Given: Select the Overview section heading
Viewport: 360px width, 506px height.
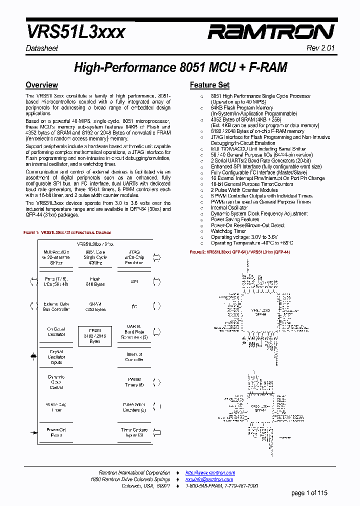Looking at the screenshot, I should (41, 85).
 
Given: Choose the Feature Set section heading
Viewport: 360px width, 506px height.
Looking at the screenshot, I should (209, 85).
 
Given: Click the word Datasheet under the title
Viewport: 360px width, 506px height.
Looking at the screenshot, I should (42, 48).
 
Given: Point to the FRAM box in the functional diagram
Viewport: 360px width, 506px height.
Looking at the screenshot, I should (95, 335).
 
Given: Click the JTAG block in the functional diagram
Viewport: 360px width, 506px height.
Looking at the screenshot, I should (134, 257).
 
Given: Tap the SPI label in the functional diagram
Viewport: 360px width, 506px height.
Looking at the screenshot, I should (134, 281).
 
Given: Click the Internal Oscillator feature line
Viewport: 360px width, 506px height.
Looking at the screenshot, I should (229, 207).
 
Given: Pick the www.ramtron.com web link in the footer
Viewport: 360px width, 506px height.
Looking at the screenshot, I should (210, 472).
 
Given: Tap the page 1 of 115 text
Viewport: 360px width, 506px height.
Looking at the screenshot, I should (310, 493).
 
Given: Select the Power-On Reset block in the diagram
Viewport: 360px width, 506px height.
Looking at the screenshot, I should (56, 432).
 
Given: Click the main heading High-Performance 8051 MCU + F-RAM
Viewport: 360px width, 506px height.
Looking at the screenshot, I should (180, 67).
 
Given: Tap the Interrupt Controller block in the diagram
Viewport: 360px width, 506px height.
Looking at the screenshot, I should (134, 357).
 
